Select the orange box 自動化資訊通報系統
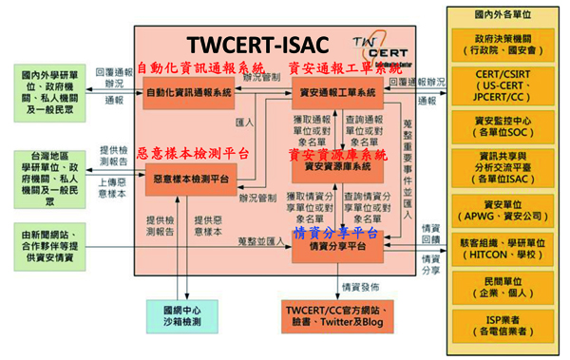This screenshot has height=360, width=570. (x=189, y=92)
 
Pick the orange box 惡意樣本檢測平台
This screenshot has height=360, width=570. (x=189, y=178)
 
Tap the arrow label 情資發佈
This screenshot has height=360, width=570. (x=361, y=285)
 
